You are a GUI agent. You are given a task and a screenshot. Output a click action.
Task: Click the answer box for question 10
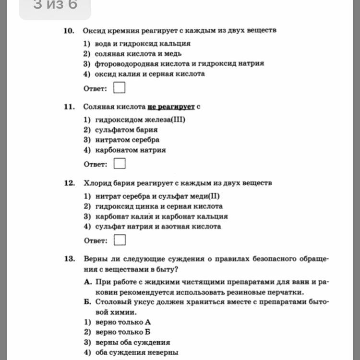click(x=120, y=88)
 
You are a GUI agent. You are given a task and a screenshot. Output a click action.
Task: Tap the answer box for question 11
click(x=120, y=164)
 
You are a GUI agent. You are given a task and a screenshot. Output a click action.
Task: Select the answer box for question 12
click(x=120, y=240)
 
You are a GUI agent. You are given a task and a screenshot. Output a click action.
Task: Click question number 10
click(x=69, y=31)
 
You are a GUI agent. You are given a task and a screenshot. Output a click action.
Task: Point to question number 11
click(x=69, y=107)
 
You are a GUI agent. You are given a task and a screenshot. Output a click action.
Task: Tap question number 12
click(x=69, y=183)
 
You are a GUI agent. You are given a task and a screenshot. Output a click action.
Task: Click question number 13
click(x=69, y=259)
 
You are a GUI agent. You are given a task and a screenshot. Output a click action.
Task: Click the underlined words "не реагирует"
click(x=171, y=107)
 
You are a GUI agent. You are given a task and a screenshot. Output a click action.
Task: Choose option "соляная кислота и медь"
click(x=138, y=54)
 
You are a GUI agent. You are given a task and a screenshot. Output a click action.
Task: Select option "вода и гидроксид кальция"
click(x=143, y=43)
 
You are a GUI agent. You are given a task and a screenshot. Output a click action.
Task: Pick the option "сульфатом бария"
click(x=126, y=130)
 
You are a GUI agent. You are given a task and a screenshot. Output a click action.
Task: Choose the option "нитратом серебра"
click(x=127, y=140)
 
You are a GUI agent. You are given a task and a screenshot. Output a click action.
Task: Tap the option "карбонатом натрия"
click(x=131, y=150)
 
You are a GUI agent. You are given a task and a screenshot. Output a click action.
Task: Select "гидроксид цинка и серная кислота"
click(x=159, y=206)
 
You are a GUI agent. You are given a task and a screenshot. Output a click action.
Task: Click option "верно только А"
click(x=123, y=322)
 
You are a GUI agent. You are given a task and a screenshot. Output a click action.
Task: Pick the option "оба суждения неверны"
click(x=137, y=352)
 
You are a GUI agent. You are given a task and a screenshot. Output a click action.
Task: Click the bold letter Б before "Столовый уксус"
click(x=87, y=302)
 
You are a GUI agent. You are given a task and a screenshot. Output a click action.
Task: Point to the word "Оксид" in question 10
click(x=93, y=31)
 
